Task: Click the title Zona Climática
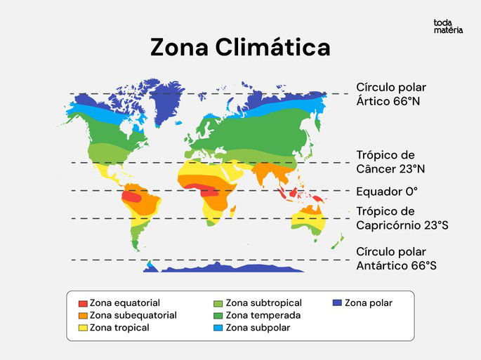point(240,48)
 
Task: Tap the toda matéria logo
point(448,27)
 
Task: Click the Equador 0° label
point(387,191)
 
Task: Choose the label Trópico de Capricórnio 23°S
point(402,218)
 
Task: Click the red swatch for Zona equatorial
point(83,303)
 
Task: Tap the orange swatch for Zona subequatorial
point(83,316)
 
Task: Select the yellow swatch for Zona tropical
point(83,328)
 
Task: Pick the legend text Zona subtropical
point(263,303)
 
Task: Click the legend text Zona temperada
point(263,316)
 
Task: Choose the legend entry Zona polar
point(368,303)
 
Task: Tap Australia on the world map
point(309,219)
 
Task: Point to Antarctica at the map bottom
point(232,268)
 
